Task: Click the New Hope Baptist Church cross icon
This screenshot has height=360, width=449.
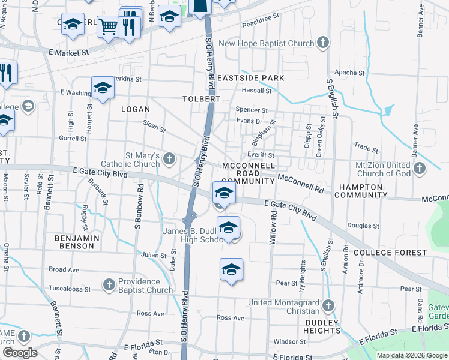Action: coord(323,43)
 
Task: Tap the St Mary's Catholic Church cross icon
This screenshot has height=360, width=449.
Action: coord(169,159)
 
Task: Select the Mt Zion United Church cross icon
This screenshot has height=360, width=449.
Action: coord(420,169)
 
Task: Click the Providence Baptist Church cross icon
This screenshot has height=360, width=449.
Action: coord(109,283)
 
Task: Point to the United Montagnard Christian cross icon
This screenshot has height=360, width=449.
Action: coord(328,306)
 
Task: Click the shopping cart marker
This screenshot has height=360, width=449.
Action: coord(108,26)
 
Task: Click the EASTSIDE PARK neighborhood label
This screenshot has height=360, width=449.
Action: coord(250,78)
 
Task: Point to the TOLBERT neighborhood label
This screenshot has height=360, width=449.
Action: coord(202,98)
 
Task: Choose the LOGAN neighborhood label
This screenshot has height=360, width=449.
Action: coord(135,109)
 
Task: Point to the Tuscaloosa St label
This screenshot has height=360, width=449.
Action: coord(69,289)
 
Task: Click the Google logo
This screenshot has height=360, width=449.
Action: coord(19,353)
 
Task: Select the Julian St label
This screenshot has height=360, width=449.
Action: coord(154,255)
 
